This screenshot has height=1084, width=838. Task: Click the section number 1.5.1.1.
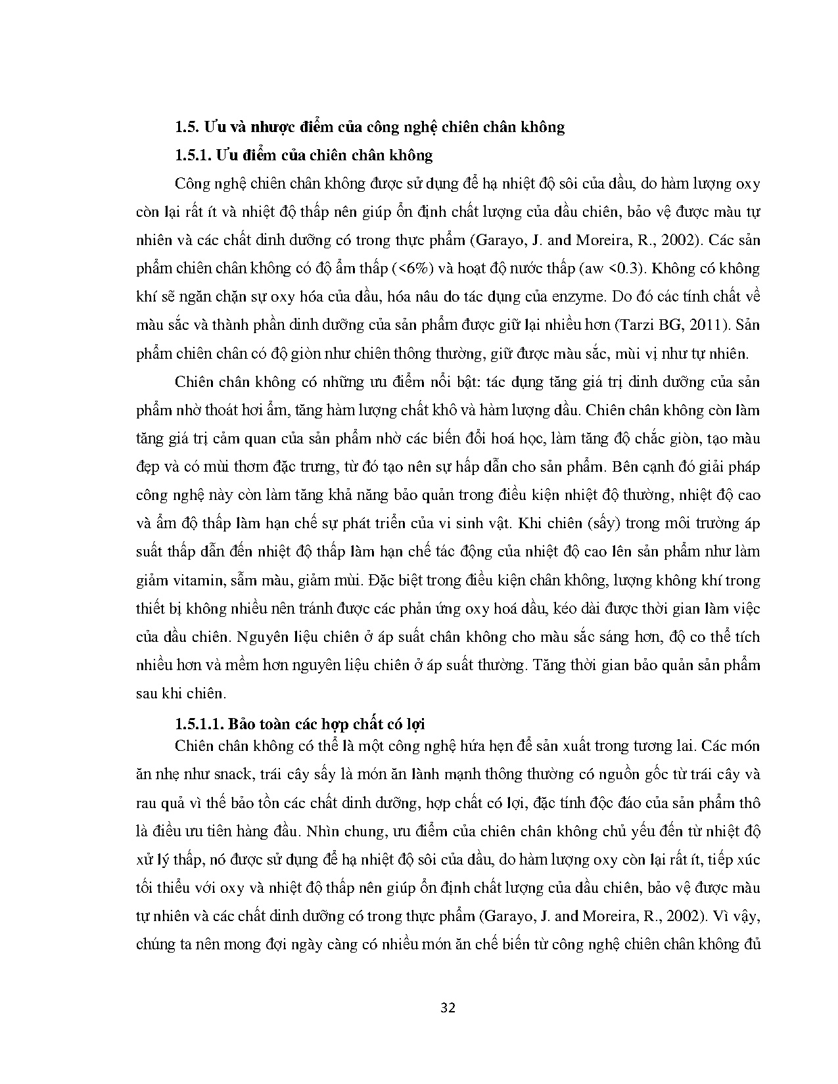point(200,724)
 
